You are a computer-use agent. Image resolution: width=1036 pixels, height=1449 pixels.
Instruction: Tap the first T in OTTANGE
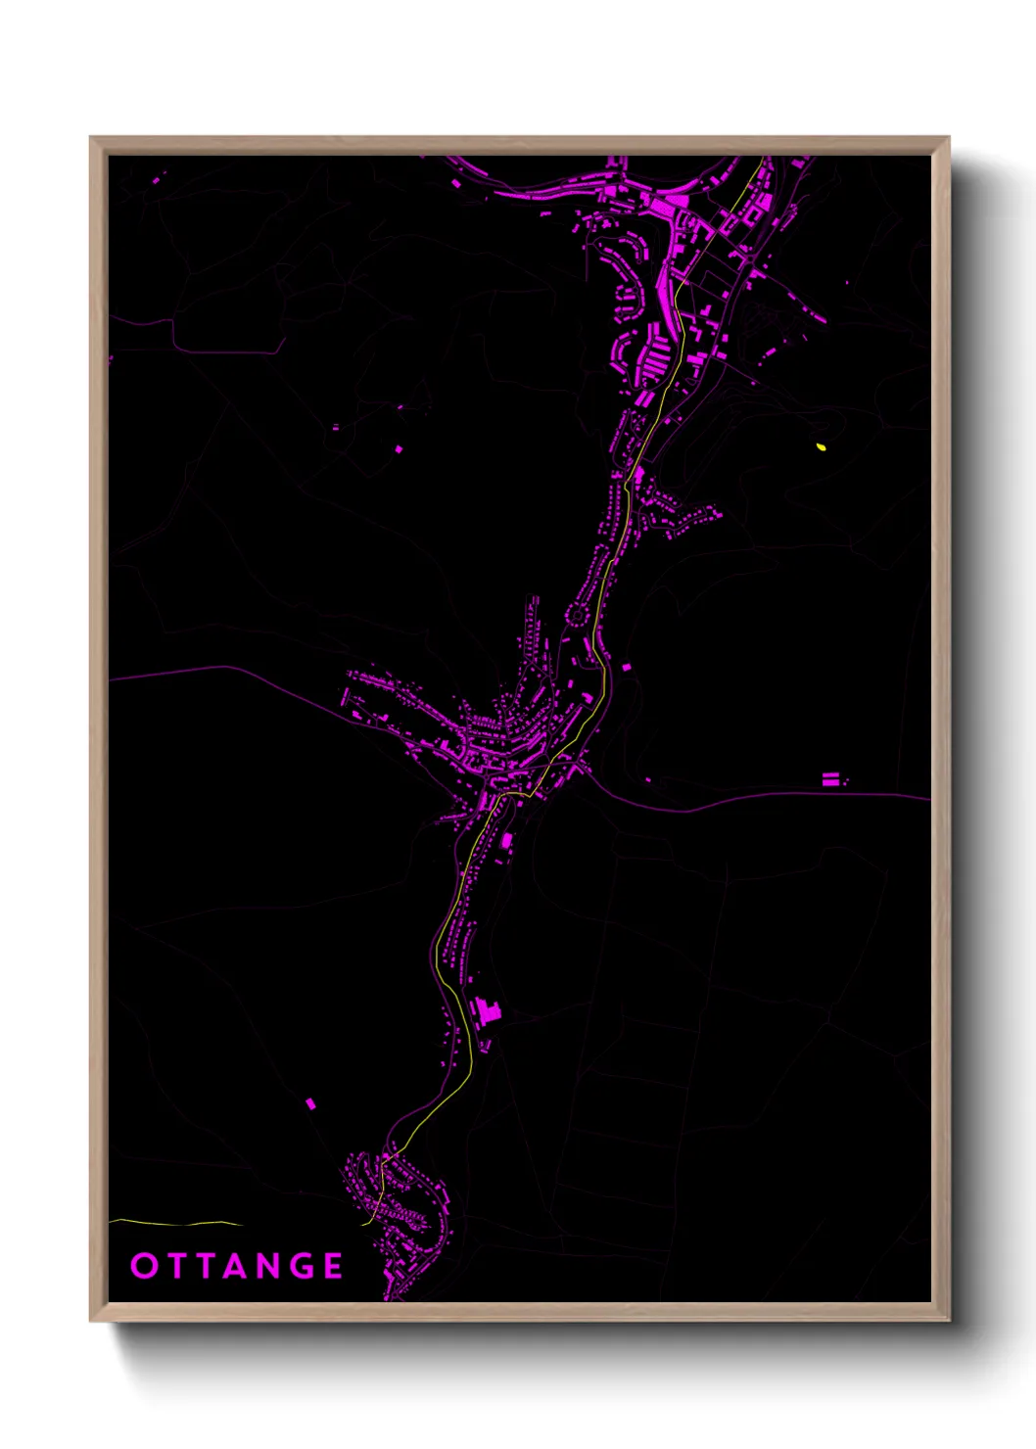point(175,1266)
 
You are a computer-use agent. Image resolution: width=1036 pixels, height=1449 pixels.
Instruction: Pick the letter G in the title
point(303,1266)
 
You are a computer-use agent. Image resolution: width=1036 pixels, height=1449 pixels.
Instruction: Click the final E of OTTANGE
point(334,1266)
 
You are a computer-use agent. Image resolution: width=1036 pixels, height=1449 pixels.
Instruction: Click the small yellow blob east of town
point(821,446)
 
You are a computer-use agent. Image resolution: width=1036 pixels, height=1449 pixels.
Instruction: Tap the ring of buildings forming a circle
point(577,615)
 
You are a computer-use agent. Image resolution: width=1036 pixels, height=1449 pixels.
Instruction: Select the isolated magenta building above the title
point(310,1103)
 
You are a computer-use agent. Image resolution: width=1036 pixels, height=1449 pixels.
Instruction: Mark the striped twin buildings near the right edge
point(830,779)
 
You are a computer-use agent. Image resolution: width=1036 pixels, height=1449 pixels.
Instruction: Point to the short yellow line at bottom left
point(176,1223)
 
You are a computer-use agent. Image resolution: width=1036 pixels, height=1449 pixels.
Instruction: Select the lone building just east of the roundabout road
point(626,668)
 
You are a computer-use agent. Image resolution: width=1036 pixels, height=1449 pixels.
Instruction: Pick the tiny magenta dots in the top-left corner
point(158,178)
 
